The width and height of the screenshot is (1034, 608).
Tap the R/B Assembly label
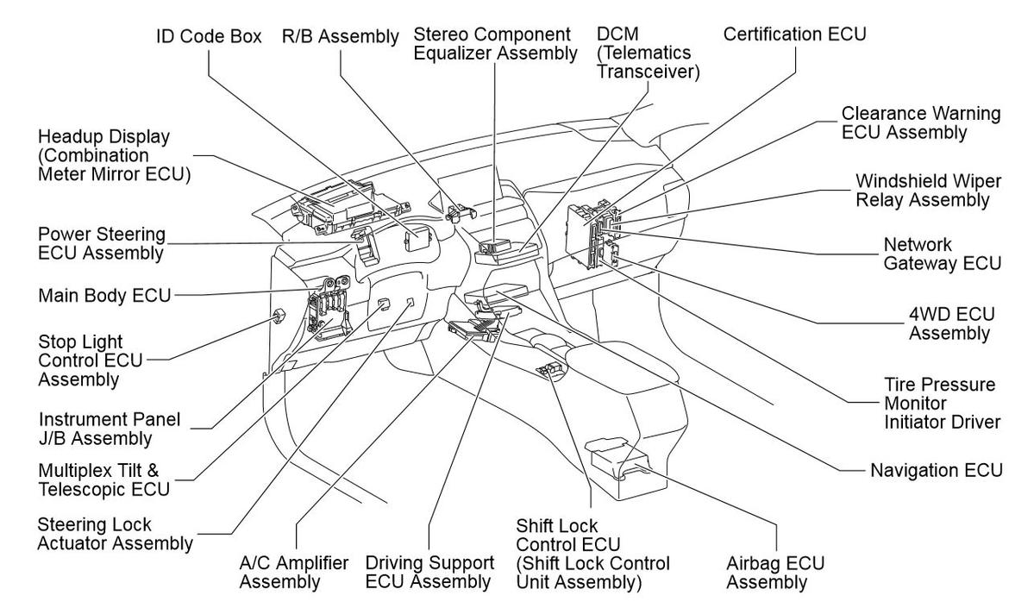pos(341,37)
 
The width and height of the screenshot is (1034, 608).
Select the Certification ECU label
pos(794,34)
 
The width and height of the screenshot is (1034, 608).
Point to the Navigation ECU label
pos(937,470)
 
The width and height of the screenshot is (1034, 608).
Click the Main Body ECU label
pos(104,296)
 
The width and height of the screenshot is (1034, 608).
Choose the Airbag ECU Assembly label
pos(775,573)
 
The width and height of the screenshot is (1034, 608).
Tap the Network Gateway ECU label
pos(942,254)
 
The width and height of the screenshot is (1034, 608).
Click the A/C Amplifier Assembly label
pos(282,573)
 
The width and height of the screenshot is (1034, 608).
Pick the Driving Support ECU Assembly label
pos(429,573)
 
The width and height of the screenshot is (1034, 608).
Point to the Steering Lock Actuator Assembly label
pos(115,534)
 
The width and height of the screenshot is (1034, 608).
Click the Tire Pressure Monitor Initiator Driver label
pos(942,403)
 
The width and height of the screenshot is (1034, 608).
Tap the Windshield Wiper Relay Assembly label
pos(921,191)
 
